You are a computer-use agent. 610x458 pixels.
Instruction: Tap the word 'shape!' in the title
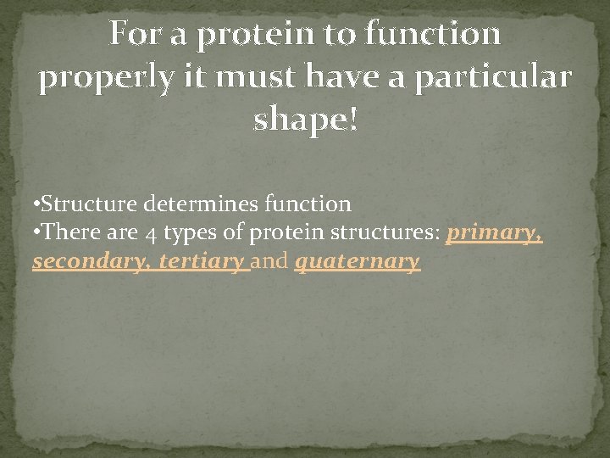click(306, 120)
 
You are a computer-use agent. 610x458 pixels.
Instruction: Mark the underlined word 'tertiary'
click(201, 262)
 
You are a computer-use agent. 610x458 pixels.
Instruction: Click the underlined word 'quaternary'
click(357, 262)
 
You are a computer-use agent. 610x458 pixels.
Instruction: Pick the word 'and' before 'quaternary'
click(270, 262)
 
